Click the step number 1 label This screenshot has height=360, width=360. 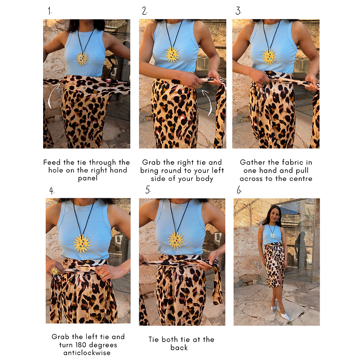(x=50, y=11)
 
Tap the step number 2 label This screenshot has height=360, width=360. (x=144, y=11)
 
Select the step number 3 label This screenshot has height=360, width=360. (x=238, y=11)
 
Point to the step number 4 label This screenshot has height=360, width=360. (x=52, y=191)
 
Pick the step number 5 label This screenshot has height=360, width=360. (x=148, y=190)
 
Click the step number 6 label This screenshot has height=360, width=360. (x=239, y=190)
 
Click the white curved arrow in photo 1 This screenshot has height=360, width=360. (x=52, y=96)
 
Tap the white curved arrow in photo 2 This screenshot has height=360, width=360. (x=208, y=102)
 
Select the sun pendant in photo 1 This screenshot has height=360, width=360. (x=82, y=58)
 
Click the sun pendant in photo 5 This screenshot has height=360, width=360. (x=176, y=240)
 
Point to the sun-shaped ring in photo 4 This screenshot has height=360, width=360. (x=54, y=271)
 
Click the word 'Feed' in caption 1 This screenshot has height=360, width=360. (x=52, y=162)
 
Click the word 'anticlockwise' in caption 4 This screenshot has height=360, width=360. (x=87, y=352)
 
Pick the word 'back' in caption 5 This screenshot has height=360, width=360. (x=179, y=348)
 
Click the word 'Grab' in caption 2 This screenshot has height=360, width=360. (x=151, y=162)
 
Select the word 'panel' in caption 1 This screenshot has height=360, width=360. (x=88, y=179)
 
